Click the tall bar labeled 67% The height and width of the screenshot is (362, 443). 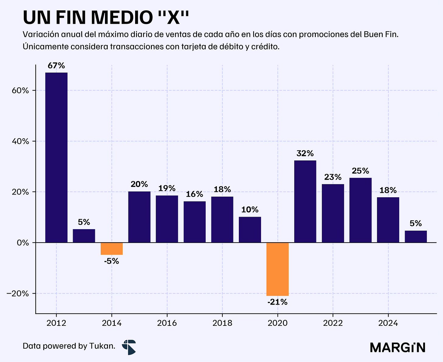[56, 158]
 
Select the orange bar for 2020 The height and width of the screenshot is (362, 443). [277, 269]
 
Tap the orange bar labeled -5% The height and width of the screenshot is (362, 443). [112, 249]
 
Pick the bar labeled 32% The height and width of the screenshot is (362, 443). [305, 202]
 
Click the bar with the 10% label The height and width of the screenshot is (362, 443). [250, 230]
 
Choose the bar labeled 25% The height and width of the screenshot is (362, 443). [361, 210]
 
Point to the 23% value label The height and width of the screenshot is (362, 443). [333, 177]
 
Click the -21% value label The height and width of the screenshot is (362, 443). [277, 302]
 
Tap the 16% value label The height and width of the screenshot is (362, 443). [194, 194]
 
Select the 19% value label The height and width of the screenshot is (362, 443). [167, 188]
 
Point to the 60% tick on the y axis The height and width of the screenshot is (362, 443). [20, 91]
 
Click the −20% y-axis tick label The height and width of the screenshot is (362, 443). [18, 294]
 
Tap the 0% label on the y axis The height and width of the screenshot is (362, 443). [23, 243]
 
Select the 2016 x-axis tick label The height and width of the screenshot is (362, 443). [167, 323]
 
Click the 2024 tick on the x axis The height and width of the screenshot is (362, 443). [388, 323]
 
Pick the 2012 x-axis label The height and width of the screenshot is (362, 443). [56, 323]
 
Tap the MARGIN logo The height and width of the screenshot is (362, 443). [398, 347]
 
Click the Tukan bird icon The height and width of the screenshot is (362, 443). [129, 347]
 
